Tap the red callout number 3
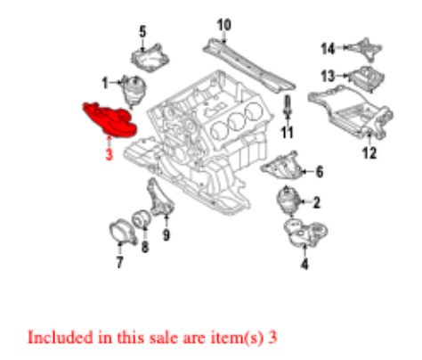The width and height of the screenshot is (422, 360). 107,154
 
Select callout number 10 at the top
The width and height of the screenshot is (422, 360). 223,23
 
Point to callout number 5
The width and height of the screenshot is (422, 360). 142,33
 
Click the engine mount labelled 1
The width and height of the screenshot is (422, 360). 134,89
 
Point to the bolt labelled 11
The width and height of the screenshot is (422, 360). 288,110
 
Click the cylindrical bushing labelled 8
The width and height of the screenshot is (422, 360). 141,219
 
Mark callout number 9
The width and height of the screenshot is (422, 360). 166,235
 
